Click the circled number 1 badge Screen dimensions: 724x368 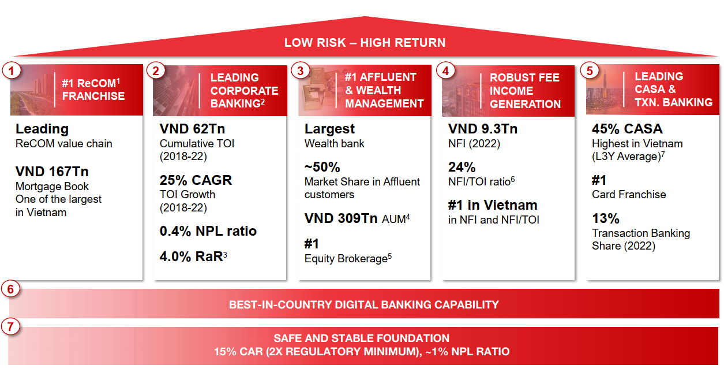(x=12, y=70)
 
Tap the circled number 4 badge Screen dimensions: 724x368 (x=445, y=70)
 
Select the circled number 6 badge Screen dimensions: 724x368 (x=10, y=289)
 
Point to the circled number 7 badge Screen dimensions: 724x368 (x=10, y=326)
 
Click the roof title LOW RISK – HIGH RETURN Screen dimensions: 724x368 (x=365, y=43)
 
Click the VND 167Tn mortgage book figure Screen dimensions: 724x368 (x=52, y=172)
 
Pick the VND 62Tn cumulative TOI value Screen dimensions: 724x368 (x=192, y=129)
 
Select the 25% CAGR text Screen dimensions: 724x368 (x=196, y=180)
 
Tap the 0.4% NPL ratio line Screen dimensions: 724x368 (x=208, y=231)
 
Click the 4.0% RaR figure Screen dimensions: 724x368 (x=193, y=257)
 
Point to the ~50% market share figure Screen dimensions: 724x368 (x=322, y=167)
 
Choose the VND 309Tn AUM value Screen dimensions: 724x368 (x=357, y=218)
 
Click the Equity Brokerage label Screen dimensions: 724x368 (x=348, y=259)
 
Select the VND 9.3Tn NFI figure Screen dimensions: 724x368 (x=483, y=129)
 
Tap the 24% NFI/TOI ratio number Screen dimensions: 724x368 (x=462, y=167)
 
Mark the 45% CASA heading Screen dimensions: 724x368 (x=627, y=129)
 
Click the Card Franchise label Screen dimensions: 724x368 (x=629, y=195)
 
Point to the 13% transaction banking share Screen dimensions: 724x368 (x=606, y=218)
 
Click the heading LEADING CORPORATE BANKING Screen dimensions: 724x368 (x=245, y=91)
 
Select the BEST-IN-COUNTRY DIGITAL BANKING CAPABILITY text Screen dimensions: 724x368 (x=364, y=304)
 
